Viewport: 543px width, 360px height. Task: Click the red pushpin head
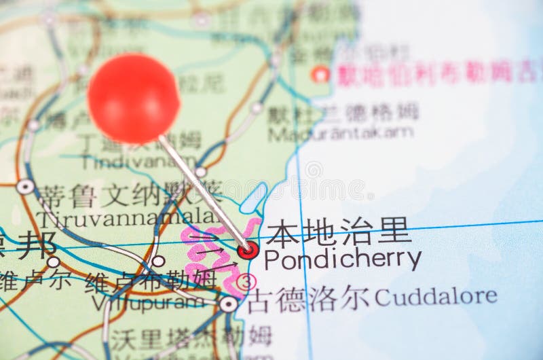pyautogui.click(x=134, y=99)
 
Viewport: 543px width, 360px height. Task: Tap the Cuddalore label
pyautogui.click(x=435, y=296)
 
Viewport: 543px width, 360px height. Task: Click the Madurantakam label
pyautogui.click(x=340, y=133)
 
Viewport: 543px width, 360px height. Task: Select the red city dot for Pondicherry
pyautogui.click(x=248, y=250)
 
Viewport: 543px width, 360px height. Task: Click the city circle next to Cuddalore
pyautogui.click(x=229, y=304)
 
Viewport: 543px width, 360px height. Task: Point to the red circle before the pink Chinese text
pyautogui.click(x=320, y=74)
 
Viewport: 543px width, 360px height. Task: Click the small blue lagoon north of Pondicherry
pyautogui.click(x=254, y=197)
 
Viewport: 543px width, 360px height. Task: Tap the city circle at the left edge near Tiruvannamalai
pyautogui.click(x=25, y=186)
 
